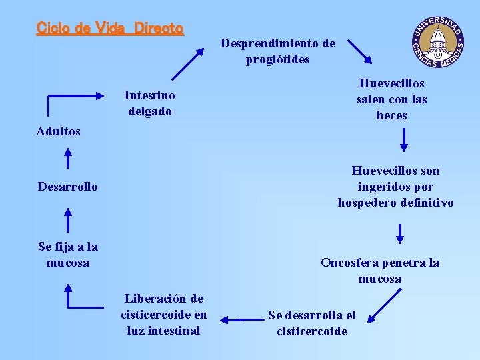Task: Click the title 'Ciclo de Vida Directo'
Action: (110, 29)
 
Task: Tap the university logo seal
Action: (438, 41)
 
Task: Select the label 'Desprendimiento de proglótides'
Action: (278, 51)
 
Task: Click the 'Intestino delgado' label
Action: (150, 103)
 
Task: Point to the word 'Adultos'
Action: (59, 131)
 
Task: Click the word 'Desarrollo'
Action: (68, 187)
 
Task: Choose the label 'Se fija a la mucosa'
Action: (68, 255)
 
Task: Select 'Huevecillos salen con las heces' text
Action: (391, 99)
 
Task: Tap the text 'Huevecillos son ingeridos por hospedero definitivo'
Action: (395, 187)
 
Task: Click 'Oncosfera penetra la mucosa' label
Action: (380, 270)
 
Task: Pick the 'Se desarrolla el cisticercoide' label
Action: (312, 323)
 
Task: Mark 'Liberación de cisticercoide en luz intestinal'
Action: (164, 314)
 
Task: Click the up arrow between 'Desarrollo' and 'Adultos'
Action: (67, 158)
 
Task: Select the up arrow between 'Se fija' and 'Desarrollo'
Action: (67, 219)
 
